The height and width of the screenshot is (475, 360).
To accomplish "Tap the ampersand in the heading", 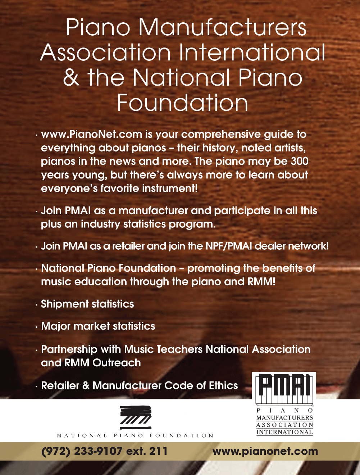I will (x=71, y=78).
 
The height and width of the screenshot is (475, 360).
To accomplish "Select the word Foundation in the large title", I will (x=183, y=103).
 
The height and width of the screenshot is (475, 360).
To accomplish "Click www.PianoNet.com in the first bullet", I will (x=92, y=134).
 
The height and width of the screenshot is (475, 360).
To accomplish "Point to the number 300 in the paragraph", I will (x=299, y=161).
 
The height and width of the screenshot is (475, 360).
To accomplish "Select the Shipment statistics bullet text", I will (x=87, y=304).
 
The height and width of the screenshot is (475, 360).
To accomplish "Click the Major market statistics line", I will (x=98, y=326).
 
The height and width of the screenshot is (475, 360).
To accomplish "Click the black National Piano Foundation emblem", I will (x=136, y=417).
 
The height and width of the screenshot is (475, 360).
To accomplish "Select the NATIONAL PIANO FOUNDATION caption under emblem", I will (x=135, y=436).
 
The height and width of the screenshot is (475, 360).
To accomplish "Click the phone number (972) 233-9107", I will (x=82, y=451).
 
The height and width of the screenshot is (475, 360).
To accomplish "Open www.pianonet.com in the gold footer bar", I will (x=265, y=451).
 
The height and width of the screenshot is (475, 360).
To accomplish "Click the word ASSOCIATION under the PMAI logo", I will (x=284, y=425).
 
